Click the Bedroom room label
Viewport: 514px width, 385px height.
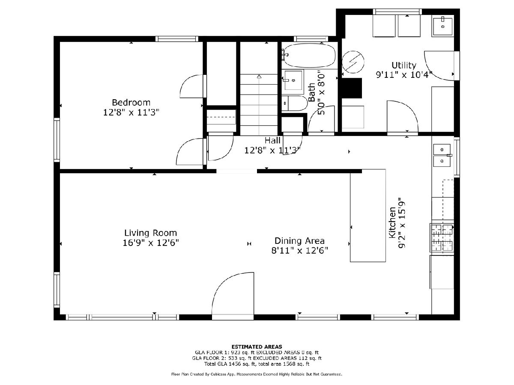click(131, 102)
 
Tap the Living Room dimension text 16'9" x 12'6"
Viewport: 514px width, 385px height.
click(151, 243)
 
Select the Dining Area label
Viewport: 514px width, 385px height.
click(299, 241)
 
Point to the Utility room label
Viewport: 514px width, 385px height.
click(404, 65)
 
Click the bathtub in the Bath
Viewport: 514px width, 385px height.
click(309, 56)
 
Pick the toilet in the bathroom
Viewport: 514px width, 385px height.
click(294, 103)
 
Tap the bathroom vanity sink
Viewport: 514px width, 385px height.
click(293, 80)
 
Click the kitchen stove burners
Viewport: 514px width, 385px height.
click(442, 238)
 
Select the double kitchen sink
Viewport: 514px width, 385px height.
click(442, 155)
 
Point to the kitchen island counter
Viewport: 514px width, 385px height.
click(368, 216)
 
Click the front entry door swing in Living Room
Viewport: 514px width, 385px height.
click(233, 294)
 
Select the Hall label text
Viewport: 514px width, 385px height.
click(272, 140)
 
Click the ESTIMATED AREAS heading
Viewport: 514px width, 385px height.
click(257, 346)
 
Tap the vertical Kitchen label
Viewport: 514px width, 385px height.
click(392, 222)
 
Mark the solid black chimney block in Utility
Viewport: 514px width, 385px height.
click(351, 88)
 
